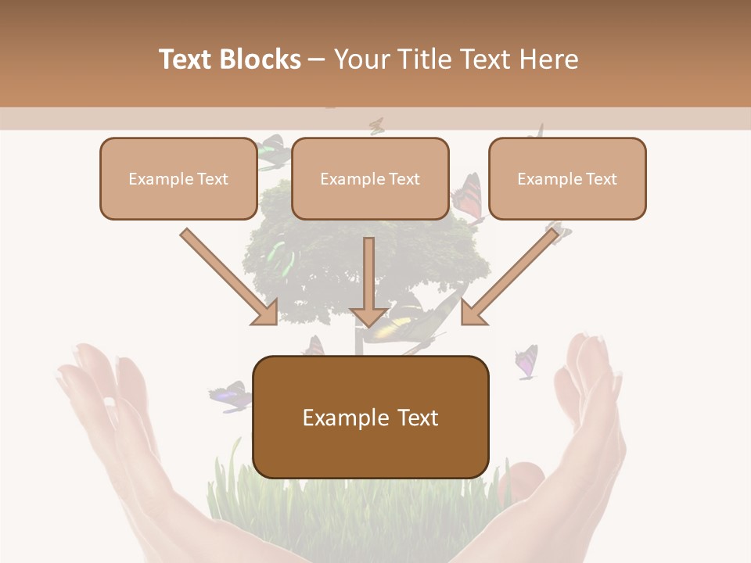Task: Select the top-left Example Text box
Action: point(178,178)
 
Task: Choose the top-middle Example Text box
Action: point(370,178)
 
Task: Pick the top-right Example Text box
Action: point(567,178)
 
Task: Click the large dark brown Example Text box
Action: point(371,417)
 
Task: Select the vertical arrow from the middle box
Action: point(368,281)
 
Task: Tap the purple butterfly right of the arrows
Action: point(526,362)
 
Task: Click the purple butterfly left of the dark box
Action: point(230,396)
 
